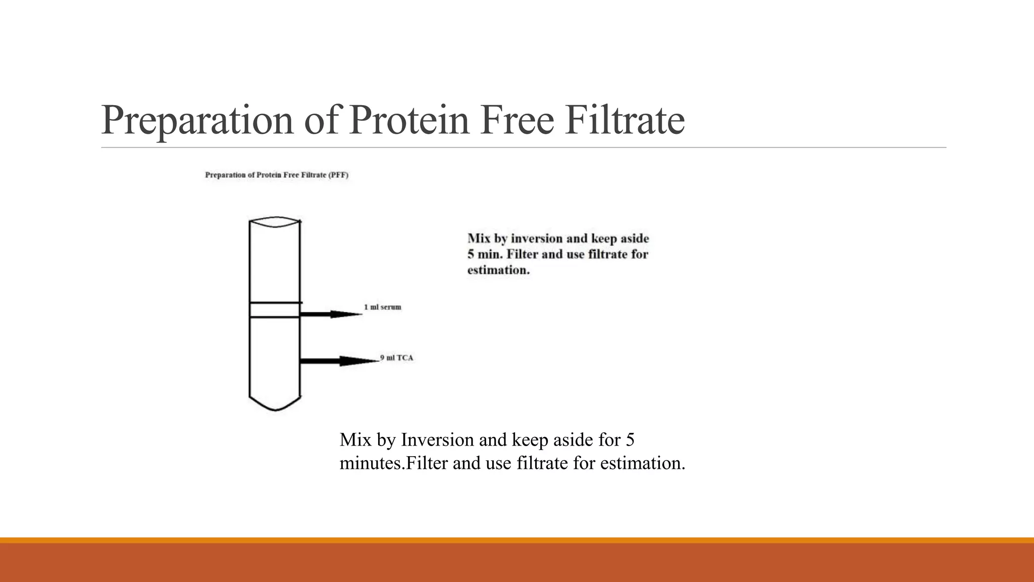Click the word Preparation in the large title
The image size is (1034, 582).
click(x=197, y=120)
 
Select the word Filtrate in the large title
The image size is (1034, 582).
click(x=625, y=120)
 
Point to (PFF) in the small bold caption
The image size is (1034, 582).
click(x=338, y=175)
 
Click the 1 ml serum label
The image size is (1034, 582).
click(x=383, y=307)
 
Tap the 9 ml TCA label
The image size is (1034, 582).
click(x=397, y=358)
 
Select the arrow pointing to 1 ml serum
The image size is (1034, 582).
click(x=331, y=314)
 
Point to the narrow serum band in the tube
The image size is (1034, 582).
click(x=275, y=310)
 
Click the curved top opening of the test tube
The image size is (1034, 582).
click(x=275, y=222)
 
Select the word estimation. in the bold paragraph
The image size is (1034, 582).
click(x=498, y=270)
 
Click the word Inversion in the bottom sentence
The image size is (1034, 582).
click(x=438, y=440)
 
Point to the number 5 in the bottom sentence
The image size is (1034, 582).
click(x=630, y=440)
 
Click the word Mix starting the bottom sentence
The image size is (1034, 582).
click(x=355, y=440)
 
